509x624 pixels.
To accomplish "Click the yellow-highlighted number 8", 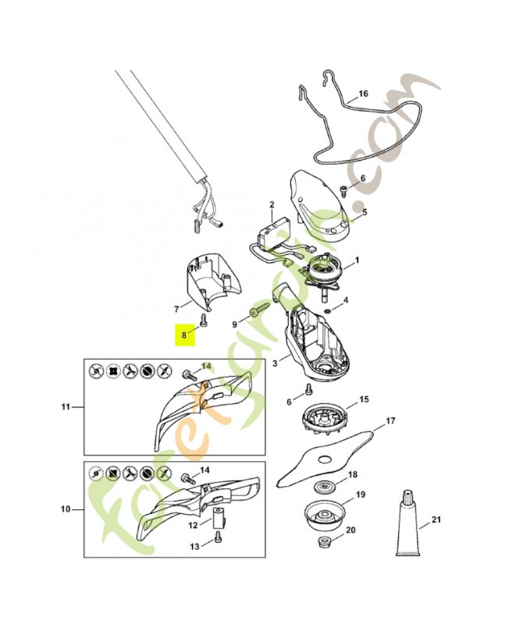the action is click(x=184, y=335).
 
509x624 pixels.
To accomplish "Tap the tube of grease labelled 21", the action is click(x=408, y=523).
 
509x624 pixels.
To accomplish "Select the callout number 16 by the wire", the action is click(x=363, y=94).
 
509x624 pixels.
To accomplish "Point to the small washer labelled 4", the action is click(x=327, y=310).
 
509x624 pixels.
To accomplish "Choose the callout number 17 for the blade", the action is click(x=390, y=420).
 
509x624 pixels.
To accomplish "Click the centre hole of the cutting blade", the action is click(x=325, y=459).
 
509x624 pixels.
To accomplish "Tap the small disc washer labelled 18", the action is click(x=323, y=487).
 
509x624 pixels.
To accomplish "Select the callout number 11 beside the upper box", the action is click(x=66, y=406).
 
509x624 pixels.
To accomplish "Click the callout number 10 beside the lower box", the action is click(x=66, y=509).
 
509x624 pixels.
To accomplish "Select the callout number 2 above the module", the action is click(x=272, y=204).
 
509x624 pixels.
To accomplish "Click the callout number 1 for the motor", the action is click(x=357, y=261).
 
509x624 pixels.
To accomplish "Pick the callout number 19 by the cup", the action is click(x=361, y=495).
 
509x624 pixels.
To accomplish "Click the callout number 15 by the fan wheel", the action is click(x=364, y=399).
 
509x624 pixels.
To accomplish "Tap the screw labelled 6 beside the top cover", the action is click(x=342, y=190).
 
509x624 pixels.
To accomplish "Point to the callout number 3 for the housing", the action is click(x=275, y=363).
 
